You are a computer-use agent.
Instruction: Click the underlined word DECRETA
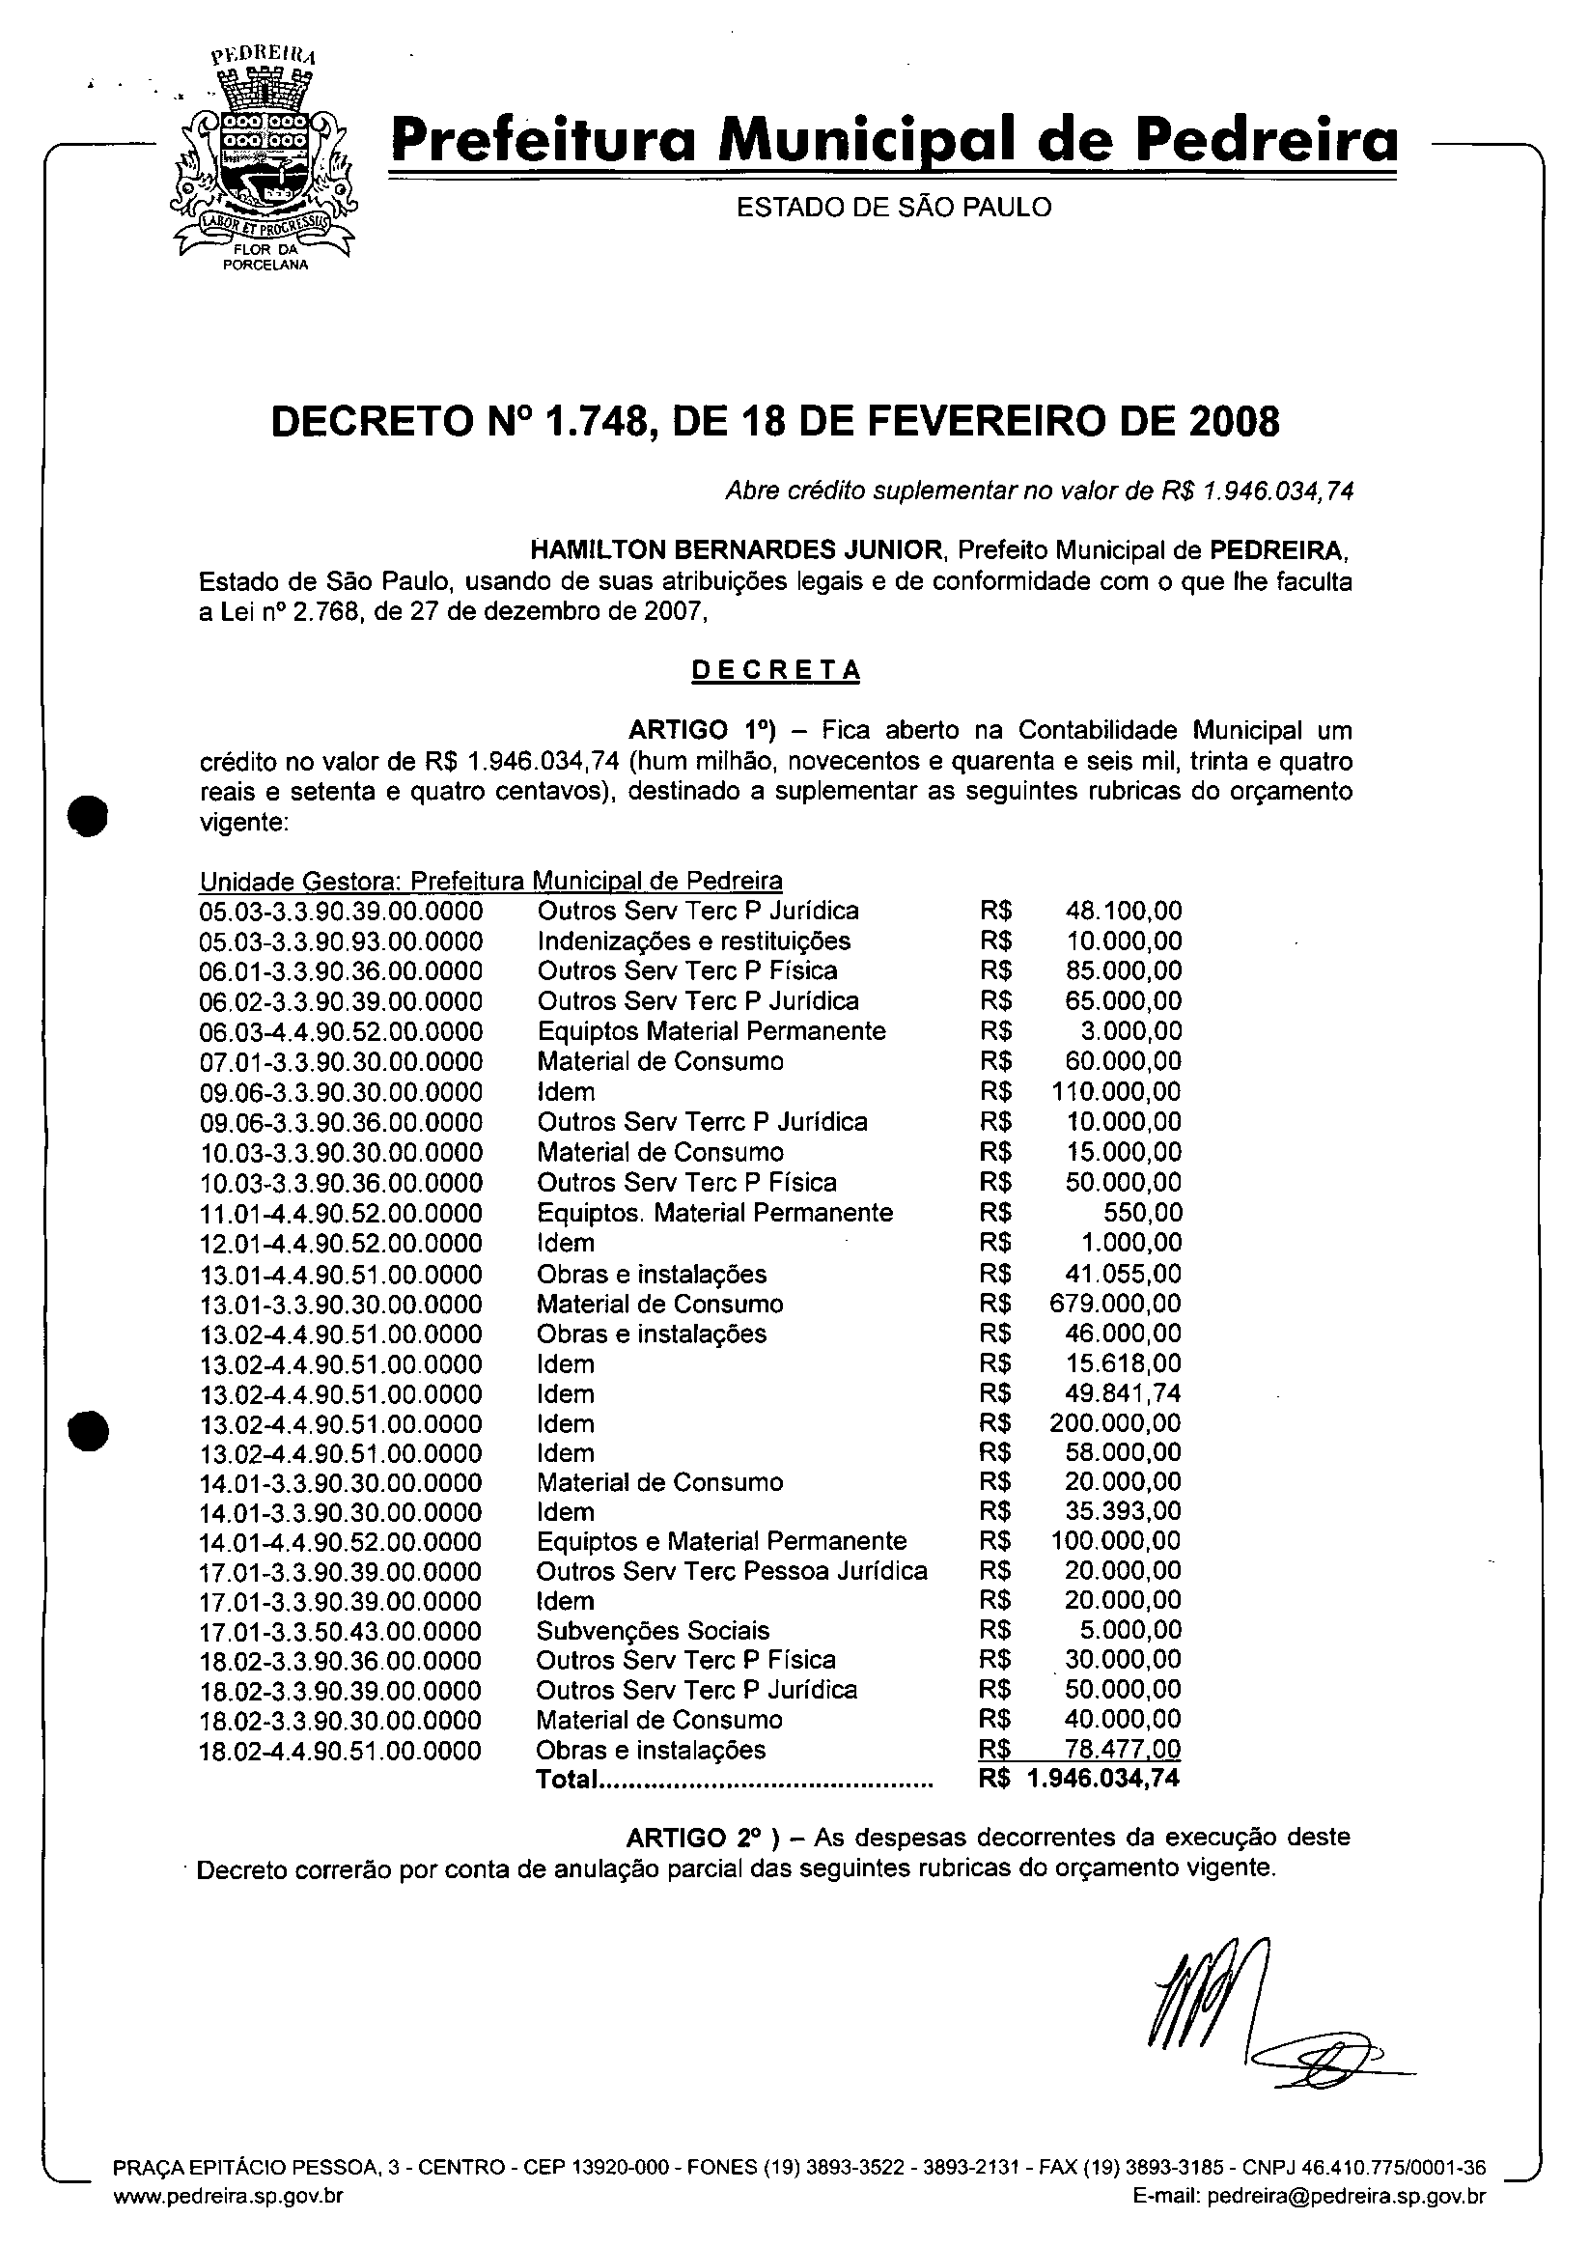(x=776, y=670)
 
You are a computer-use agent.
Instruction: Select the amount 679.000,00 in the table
(x=1115, y=1304)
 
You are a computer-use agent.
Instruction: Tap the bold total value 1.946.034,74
(x=1103, y=1779)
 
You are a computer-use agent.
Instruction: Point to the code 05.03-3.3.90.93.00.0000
(x=341, y=941)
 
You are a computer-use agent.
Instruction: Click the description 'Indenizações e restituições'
(x=694, y=941)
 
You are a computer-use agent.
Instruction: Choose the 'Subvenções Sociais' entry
(x=653, y=1630)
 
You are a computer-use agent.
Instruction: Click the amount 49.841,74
(x=1123, y=1393)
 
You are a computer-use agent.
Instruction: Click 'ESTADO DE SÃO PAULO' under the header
(x=893, y=208)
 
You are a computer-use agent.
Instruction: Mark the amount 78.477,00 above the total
(x=1123, y=1749)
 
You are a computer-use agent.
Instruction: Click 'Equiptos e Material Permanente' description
(x=721, y=1541)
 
